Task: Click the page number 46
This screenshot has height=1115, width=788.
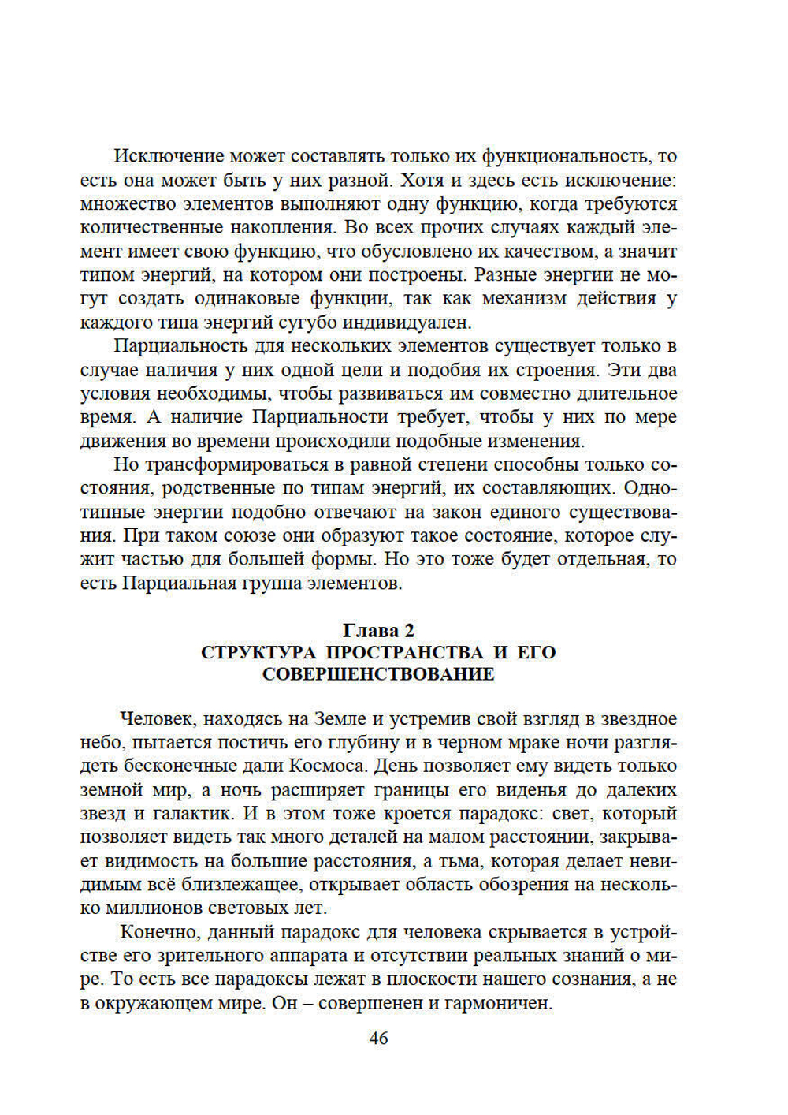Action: [378, 1039]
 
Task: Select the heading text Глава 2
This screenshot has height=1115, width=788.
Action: [378, 630]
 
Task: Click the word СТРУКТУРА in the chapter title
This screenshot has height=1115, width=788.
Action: [258, 652]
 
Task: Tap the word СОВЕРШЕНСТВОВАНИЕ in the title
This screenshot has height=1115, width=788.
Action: [378, 674]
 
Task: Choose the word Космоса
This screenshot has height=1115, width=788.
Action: [328, 766]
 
